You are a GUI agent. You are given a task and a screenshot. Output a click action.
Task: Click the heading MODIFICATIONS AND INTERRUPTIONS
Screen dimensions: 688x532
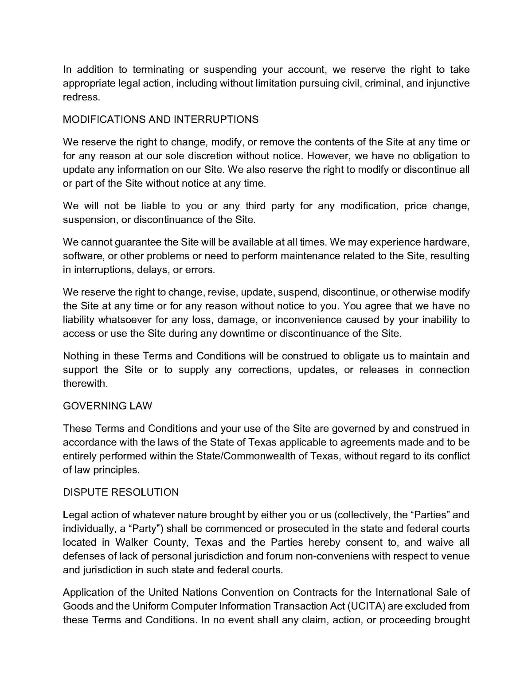(160, 120)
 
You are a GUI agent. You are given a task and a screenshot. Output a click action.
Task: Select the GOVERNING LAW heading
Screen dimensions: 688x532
(107, 406)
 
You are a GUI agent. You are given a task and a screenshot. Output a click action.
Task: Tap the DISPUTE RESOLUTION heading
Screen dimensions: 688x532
(121, 493)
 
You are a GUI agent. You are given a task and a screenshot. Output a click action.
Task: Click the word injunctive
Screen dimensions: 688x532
(448, 83)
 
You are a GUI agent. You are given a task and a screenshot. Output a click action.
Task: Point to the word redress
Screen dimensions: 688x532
(81, 98)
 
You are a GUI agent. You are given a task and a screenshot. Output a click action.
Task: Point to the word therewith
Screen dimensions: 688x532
(85, 384)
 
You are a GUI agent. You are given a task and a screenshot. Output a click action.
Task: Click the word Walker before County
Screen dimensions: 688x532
(131, 543)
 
